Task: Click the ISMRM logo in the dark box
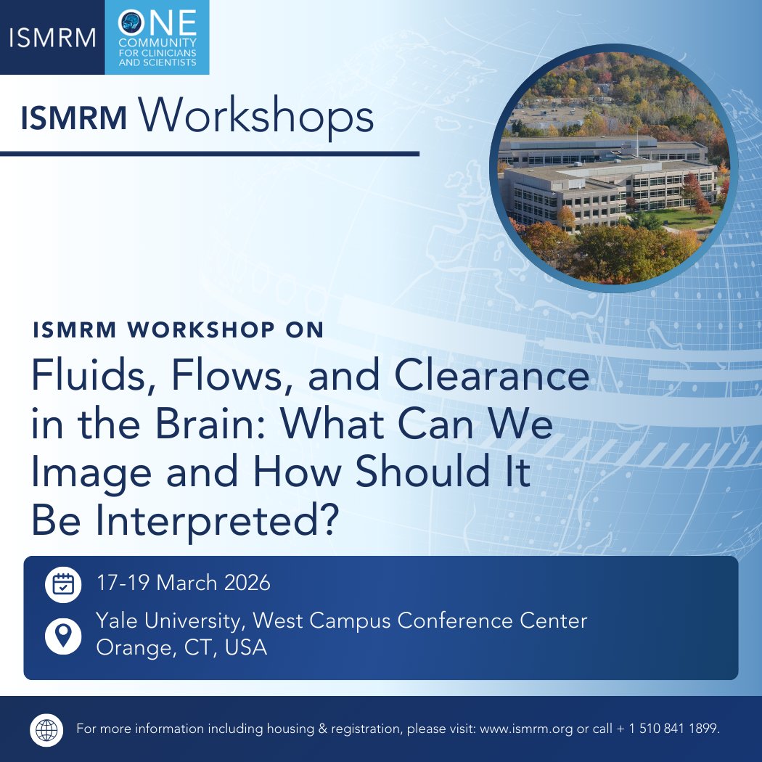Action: pos(52,38)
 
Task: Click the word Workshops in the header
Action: pos(257,117)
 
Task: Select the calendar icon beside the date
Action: pos(63,584)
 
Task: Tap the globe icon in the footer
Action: pos(48,729)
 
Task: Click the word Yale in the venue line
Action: pos(118,621)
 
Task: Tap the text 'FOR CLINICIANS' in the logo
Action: pos(157,54)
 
